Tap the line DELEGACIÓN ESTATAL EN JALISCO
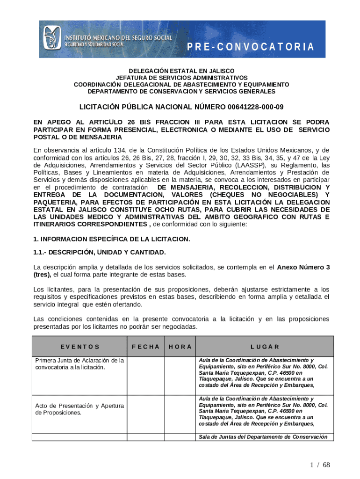[x=182, y=71]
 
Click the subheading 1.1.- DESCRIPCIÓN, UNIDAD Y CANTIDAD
[x=100, y=253]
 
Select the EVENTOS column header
[x=79, y=347]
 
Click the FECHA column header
[x=146, y=347]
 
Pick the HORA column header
[x=180, y=347]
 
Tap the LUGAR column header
[x=265, y=347]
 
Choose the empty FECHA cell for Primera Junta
[x=146, y=376]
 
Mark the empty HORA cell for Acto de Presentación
[x=180, y=414]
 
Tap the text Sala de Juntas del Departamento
[x=263, y=437]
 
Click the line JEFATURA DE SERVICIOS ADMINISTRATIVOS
[x=182, y=78]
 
